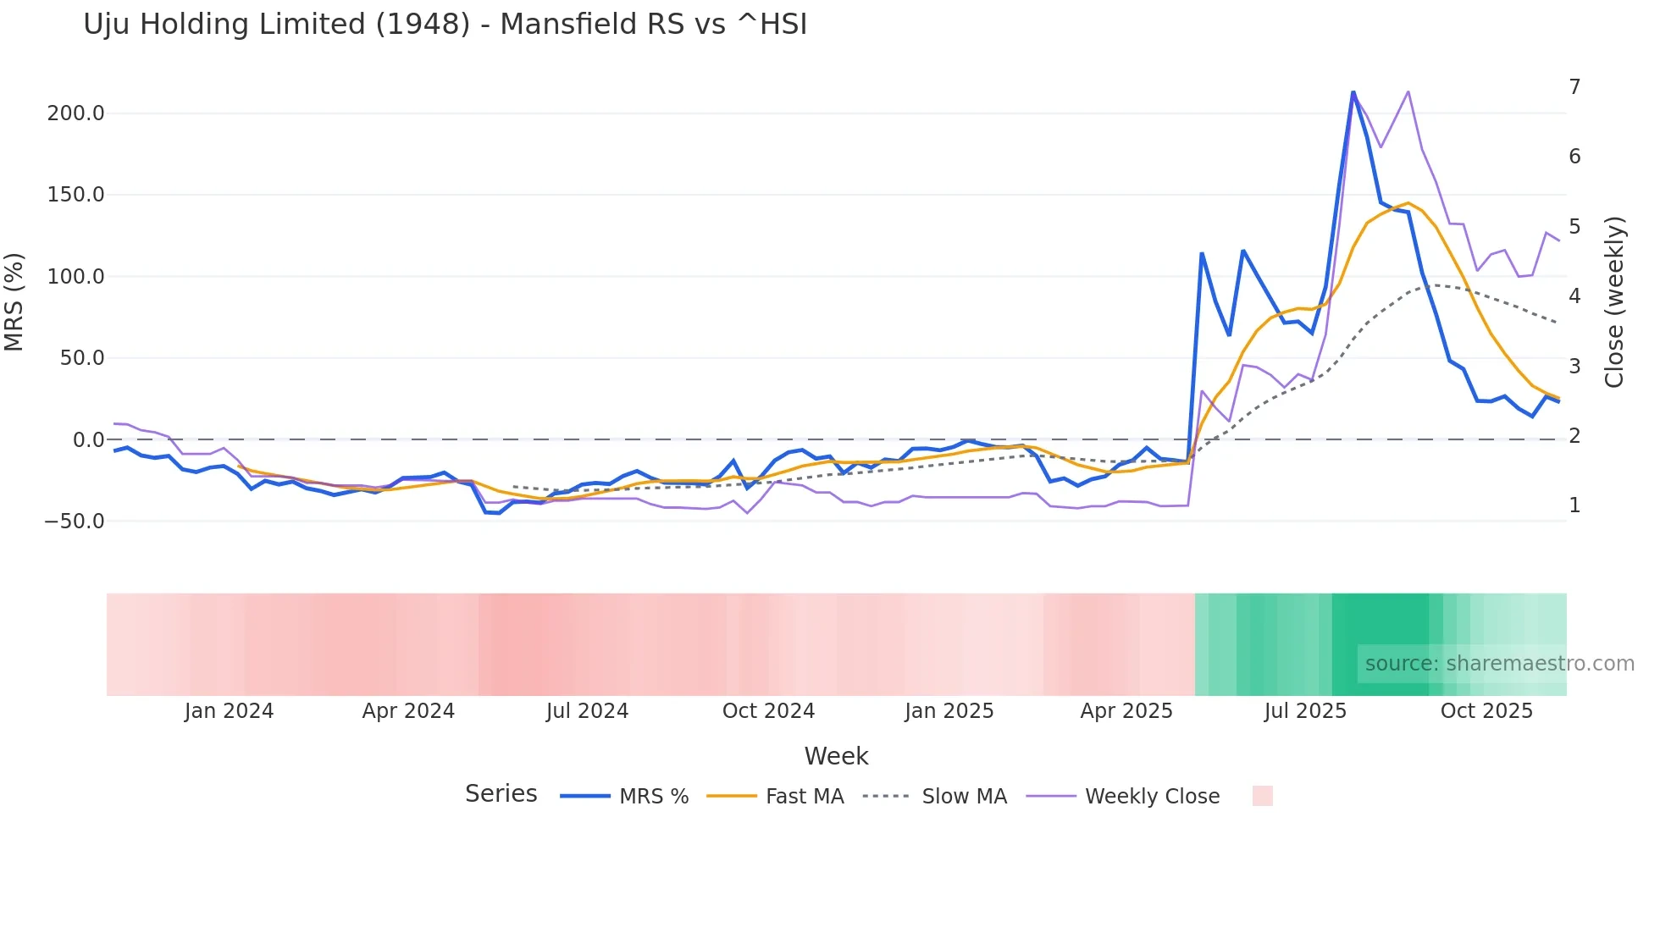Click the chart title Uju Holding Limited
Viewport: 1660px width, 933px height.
(x=445, y=25)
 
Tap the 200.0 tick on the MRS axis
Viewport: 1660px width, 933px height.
(x=75, y=113)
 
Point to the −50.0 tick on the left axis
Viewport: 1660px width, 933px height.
(x=75, y=522)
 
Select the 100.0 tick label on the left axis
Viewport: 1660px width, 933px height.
(x=75, y=277)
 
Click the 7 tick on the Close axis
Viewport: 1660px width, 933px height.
(x=1574, y=87)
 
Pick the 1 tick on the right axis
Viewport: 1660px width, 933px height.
(x=1574, y=505)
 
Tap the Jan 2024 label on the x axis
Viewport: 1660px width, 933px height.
(x=229, y=711)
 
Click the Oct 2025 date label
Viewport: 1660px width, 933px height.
(x=1486, y=711)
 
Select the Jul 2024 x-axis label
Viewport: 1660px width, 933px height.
(x=587, y=711)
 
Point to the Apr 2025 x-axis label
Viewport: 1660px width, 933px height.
(x=1126, y=711)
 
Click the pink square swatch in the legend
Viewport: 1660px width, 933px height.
(x=1262, y=796)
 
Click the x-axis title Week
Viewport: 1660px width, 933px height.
(x=836, y=756)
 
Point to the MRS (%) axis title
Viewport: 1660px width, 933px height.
(x=14, y=302)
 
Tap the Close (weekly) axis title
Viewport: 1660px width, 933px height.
(x=1614, y=302)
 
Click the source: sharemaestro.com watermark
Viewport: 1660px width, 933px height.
(x=1499, y=664)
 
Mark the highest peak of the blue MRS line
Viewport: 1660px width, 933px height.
(x=1353, y=91)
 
